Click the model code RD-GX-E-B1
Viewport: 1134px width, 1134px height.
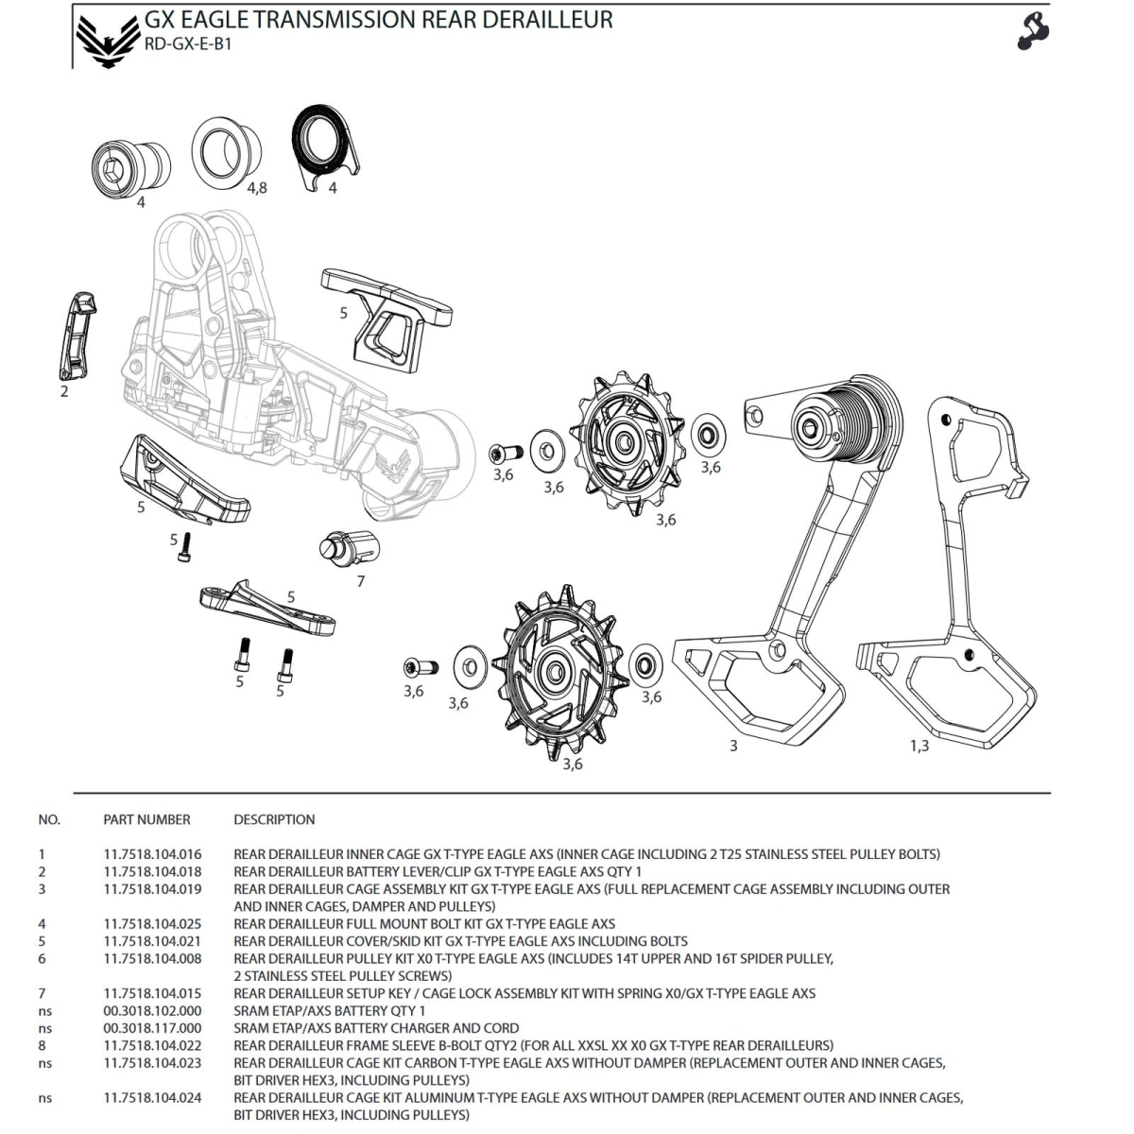pyautogui.click(x=188, y=44)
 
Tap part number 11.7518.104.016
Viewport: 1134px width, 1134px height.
pyautogui.click(x=152, y=854)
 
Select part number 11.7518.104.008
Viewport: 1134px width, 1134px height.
pyautogui.click(x=152, y=958)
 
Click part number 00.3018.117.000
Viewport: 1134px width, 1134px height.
pyautogui.click(x=152, y=1028)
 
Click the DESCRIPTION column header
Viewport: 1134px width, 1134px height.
pyautogui.click(x=274, y=819)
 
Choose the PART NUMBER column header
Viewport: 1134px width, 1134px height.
pyautogui.click(x=146, y=819)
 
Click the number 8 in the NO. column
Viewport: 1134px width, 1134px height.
pyautogui.click(x=42, y=1045)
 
